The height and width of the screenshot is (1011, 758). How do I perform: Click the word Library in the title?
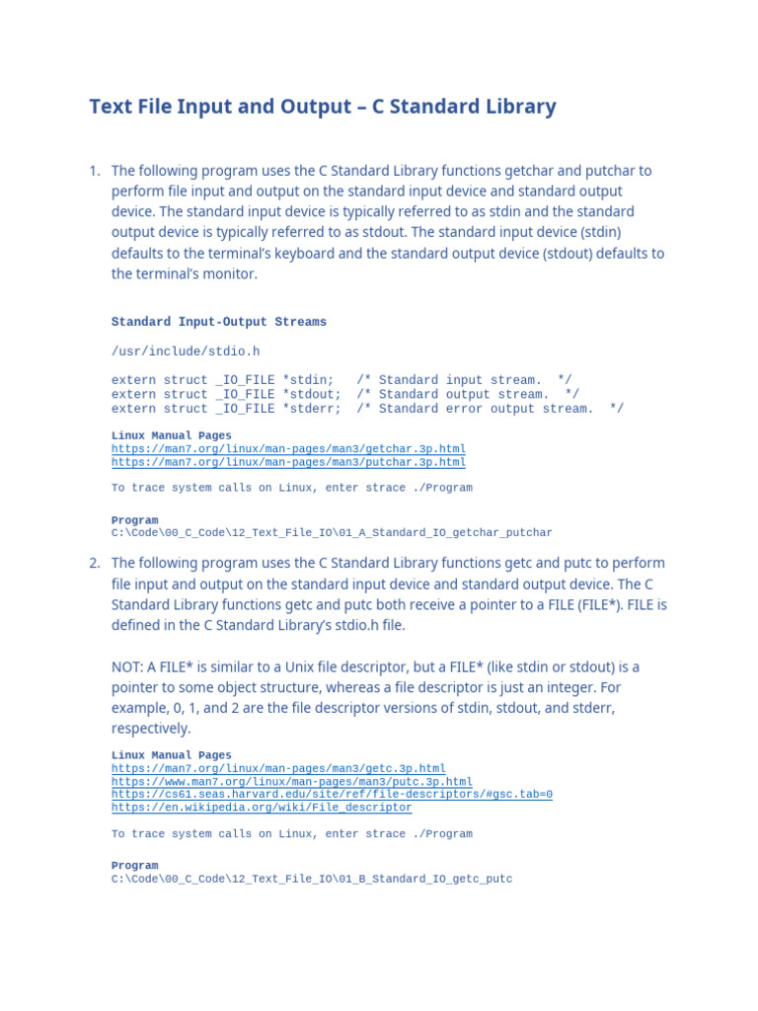pos(519,107)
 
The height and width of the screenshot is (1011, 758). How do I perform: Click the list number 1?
pos(94,171)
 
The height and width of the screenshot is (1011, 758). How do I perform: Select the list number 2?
pos(94,563)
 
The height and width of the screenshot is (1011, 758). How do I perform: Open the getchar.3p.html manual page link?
pos(288,449)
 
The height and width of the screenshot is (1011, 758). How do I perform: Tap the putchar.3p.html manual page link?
pos(288,462)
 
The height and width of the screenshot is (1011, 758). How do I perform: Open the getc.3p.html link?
pos(278,768)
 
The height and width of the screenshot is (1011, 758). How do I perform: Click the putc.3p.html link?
pos(291,782)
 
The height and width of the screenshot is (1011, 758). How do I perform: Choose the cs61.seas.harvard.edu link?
pos(332,794)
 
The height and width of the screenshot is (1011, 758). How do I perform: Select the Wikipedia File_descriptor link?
pos(262,807)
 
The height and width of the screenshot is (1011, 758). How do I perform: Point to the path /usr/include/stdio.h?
pos(185,350)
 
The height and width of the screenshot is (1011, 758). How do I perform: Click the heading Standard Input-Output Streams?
pos(218,322)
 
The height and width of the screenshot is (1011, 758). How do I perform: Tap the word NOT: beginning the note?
pos(127,666)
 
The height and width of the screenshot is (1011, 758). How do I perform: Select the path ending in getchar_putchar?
pos(332,532)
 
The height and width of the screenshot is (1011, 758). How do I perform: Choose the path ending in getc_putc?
pos(312,878)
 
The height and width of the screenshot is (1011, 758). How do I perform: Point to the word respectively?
pos(150,729)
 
